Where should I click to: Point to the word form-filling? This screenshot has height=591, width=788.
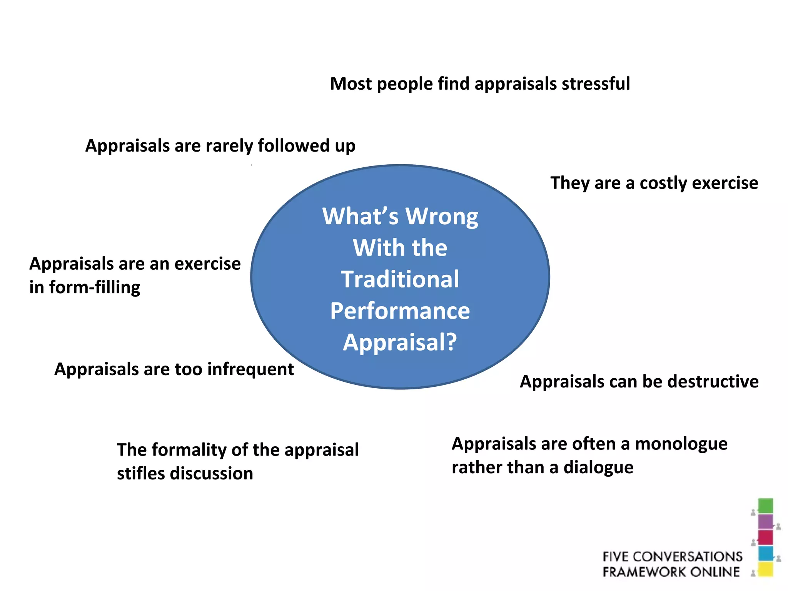95,287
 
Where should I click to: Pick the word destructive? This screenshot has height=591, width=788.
713,382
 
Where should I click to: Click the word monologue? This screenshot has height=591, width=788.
681,444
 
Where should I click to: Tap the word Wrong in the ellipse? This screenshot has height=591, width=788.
442,217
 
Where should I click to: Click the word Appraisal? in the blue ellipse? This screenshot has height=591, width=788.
400,342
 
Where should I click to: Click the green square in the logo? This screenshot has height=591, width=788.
765,506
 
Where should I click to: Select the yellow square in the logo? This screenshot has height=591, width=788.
765,569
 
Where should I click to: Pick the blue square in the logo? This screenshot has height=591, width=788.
765,553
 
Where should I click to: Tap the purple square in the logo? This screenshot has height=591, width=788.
765,522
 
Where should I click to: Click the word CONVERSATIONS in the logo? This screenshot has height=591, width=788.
688,556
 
